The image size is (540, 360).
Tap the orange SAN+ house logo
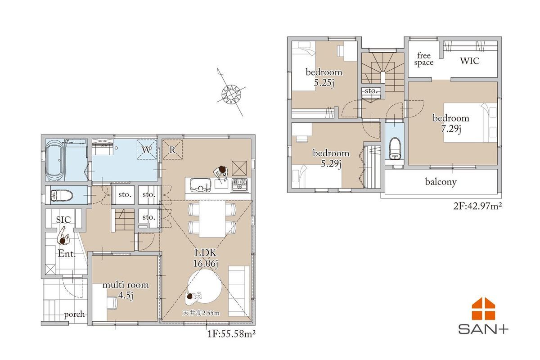(x=483, y=309)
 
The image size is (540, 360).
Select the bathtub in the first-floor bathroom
(x=54, y=160)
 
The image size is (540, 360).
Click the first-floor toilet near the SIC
(x=62, y=195)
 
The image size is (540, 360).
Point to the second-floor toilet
(x=395, y=148)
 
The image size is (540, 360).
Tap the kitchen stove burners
(x=239, y=185)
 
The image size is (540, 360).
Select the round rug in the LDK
(x=205, y=286)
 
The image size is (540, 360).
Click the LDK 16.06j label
(x=206, y=258)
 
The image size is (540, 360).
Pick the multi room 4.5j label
(x=126, y=290)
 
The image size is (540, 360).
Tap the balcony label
(x=441, y=182)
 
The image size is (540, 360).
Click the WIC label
(x=470, y=61)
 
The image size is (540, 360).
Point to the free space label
(x=424, y=59)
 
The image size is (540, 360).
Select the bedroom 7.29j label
(x=451, y=123)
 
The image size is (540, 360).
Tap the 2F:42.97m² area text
(x=477, y=206)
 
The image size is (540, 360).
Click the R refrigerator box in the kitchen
(x=172, y=150)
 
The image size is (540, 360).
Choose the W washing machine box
(x=147, y=150)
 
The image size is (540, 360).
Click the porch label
(x=75, y=315)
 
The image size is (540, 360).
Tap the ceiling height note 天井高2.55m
(x=201, y=313)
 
